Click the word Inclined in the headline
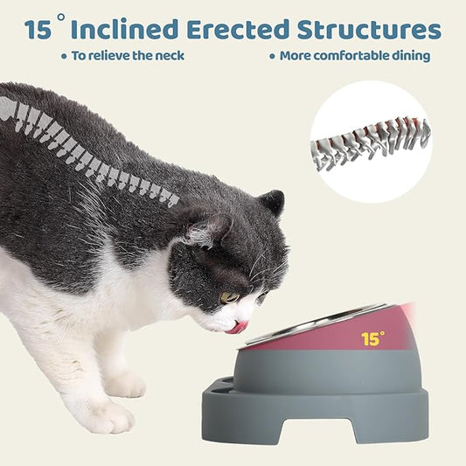[125, 29]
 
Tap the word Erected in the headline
[238, 29]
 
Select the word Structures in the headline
[370, 29]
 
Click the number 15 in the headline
[38, 30]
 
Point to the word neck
[170, 56]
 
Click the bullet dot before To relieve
[64, 56]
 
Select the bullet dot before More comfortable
[272, 56]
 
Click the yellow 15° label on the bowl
[372, 338]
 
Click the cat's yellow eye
[230, 297]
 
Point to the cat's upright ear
[272, 203]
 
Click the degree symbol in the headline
[61, 17]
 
